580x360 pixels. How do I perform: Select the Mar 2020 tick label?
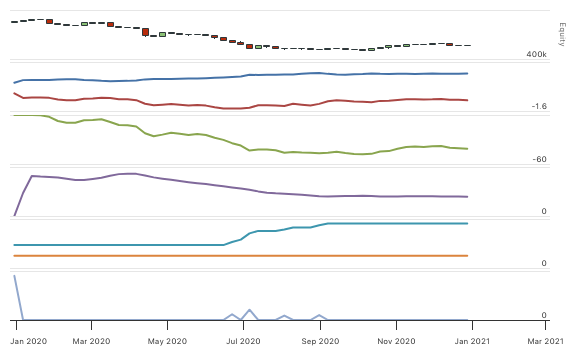[92, 340]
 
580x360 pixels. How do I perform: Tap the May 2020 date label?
[167, 340]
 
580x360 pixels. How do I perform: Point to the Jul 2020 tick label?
[244, 340]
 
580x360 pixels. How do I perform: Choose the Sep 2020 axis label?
[322, 340]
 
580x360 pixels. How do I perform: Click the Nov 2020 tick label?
[397, 340]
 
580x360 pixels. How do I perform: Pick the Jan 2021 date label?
[472, 340]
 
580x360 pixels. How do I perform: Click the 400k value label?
[537, 53]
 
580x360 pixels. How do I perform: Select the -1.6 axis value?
[538, 106]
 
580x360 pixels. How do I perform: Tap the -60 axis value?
[540, 159]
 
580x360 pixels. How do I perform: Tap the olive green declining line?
[200, 135]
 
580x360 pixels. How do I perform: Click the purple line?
[200, 183]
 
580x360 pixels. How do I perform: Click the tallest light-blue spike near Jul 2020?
[248, 311]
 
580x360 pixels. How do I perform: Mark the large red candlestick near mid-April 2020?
[146, 32]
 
